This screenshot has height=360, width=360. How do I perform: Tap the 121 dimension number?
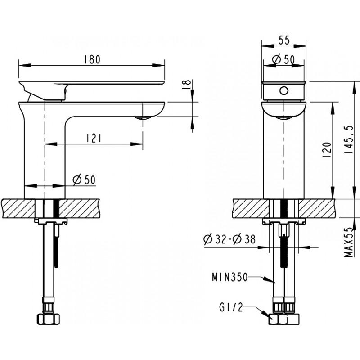pos(94,139)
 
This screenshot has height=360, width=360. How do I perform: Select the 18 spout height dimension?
pos(187,85)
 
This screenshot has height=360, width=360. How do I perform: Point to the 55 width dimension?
pos(284,40)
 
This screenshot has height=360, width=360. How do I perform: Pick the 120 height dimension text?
pos(328,150)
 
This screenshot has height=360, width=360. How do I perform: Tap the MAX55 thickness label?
pos(348,242)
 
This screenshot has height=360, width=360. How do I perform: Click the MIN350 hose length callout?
pos(230,277)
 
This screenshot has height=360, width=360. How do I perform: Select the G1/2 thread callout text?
pos(231,307)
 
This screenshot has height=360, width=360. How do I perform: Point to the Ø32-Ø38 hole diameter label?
pos(229,239)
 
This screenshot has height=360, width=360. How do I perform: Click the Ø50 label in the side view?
pos(84,180)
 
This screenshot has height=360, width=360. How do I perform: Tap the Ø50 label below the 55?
pos(283,59)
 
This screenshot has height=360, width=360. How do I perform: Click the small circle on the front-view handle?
pos(284,91)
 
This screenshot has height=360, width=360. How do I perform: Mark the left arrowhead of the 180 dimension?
pos(25,65)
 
